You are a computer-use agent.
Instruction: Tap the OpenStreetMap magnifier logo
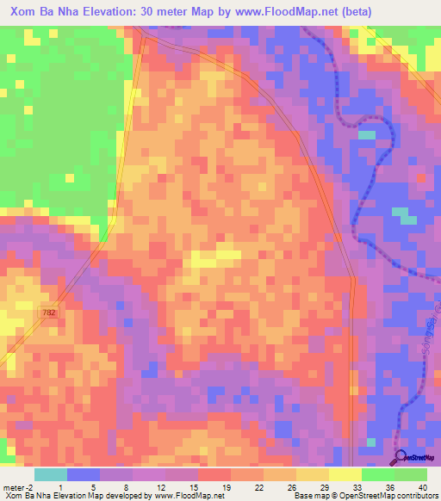tap(401, 458)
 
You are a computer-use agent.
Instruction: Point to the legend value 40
tap(420, 486)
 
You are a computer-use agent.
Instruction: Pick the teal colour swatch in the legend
tap(51, 474)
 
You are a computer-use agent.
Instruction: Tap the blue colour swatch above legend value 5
tap(84, 474)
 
